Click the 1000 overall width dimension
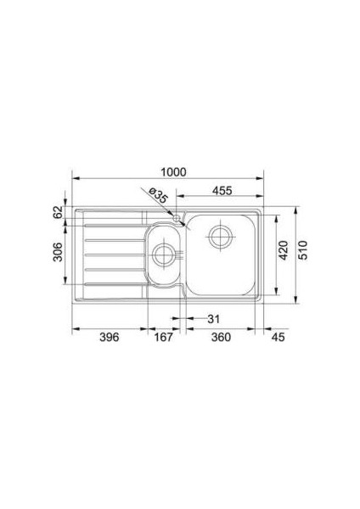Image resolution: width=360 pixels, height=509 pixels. click(x=174, y=172)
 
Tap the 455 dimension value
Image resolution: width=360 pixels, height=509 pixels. click(x=222, y=191)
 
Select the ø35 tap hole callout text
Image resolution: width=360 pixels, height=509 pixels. click(x=158, y=195)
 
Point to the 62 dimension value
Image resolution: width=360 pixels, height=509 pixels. click(x=58, y=212)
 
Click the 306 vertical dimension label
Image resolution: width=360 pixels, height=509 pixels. click(x=58, y=252)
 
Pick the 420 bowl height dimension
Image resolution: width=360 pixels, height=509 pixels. click(x=284, y=250)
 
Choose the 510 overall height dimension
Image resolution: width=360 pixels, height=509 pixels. click(x=302, y=250)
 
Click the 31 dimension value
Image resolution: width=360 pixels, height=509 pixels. click(x=213, y=319)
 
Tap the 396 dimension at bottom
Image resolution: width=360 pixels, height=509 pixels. click(x=110, y=338)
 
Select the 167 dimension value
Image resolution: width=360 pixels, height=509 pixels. click(x=163, y=338)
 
